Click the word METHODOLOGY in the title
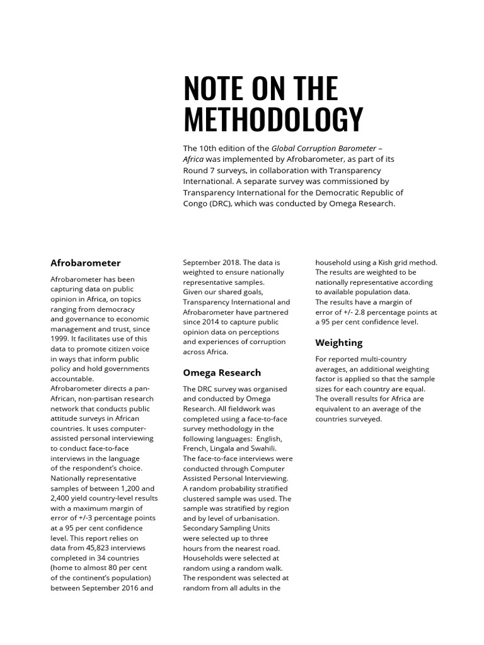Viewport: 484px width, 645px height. coord(273,120)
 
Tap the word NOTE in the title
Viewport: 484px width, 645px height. coord(209,89)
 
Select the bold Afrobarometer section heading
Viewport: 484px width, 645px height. coord(85,263)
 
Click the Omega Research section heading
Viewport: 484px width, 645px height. coord(221,372)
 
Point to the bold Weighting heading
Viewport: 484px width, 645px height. coord(338,343)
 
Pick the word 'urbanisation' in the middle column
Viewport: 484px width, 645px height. coord(261,518)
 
